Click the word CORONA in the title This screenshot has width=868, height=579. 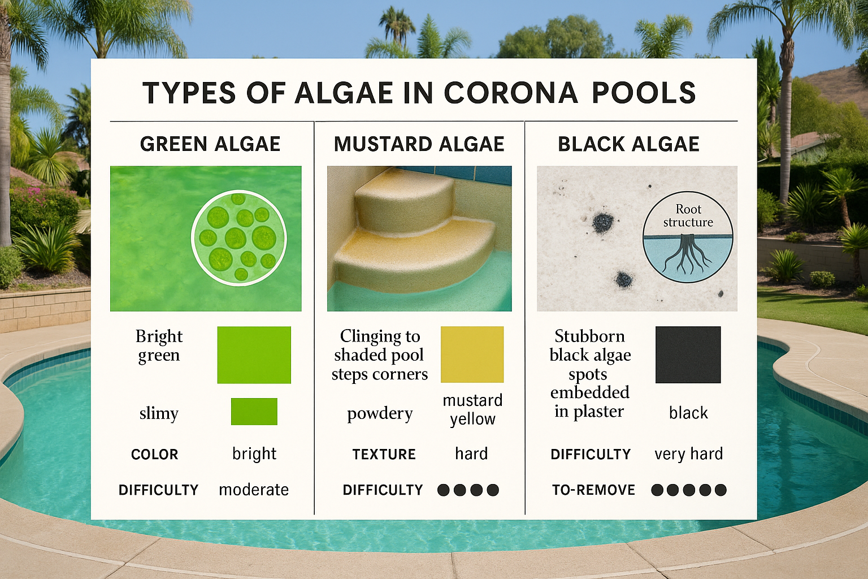(x=511, y=93)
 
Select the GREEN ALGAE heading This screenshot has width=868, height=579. (x=210, y=144)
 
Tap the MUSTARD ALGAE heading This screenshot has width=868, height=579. (x=419, y=144)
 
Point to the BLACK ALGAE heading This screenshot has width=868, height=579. (x=628, y=144)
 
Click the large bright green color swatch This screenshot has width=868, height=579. (x=254, y=355)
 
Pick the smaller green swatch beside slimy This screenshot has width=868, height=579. (x=254, y=412)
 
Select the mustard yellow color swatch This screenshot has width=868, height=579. (x=472, y=355)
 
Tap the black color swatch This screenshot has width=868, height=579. (x=688, y=355)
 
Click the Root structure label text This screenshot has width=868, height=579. (x=688, y=216)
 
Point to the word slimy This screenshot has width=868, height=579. (x=159, y=413)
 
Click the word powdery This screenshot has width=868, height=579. (x=380, y=414)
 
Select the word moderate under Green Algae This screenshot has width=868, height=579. (x=254, y=490)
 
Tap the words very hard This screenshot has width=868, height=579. (x=688, y=454)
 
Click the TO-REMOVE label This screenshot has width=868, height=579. (x=593, y=490)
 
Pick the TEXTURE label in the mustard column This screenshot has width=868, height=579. (x=384, y=455)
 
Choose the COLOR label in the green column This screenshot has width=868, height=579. (x=154, y=455)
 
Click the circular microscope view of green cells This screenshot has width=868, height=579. (x=239, y=237)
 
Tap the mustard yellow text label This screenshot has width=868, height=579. (x=472, y=409)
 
